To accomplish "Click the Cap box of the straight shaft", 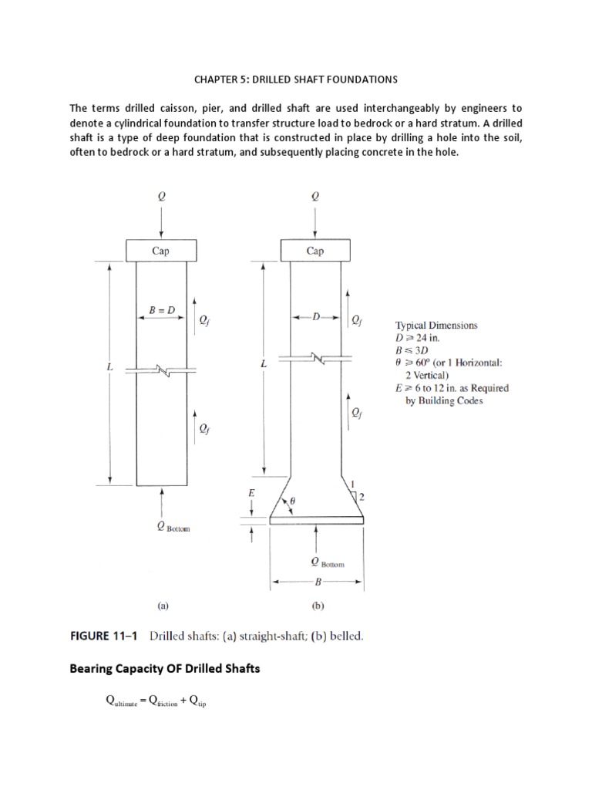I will pos(160,251).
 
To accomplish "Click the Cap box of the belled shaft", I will pos(314,251).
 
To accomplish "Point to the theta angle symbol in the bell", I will pos(292,501).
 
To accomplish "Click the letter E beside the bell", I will pos(251,491).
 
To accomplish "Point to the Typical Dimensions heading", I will pos(436,326).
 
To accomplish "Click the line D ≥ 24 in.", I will pos(420,338).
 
